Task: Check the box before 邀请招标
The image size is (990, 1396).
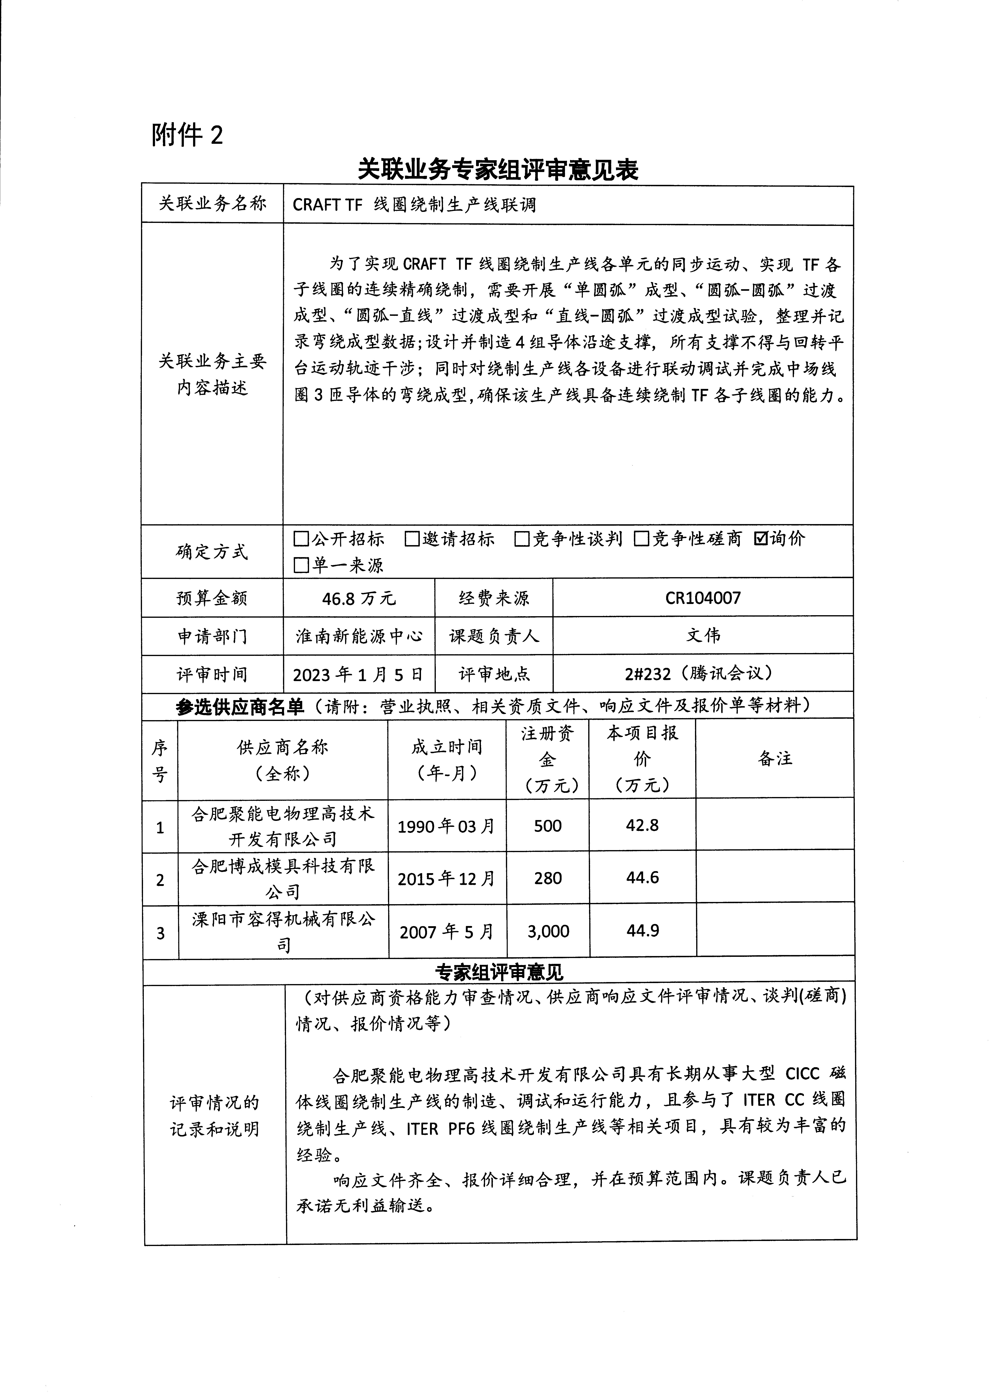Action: (x=412, y=539)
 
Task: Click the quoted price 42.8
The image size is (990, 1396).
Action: (x=642, y=825)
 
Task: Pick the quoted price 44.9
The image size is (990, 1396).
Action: (x=643, y=931)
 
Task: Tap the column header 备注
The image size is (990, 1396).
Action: (x=775, y=758)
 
